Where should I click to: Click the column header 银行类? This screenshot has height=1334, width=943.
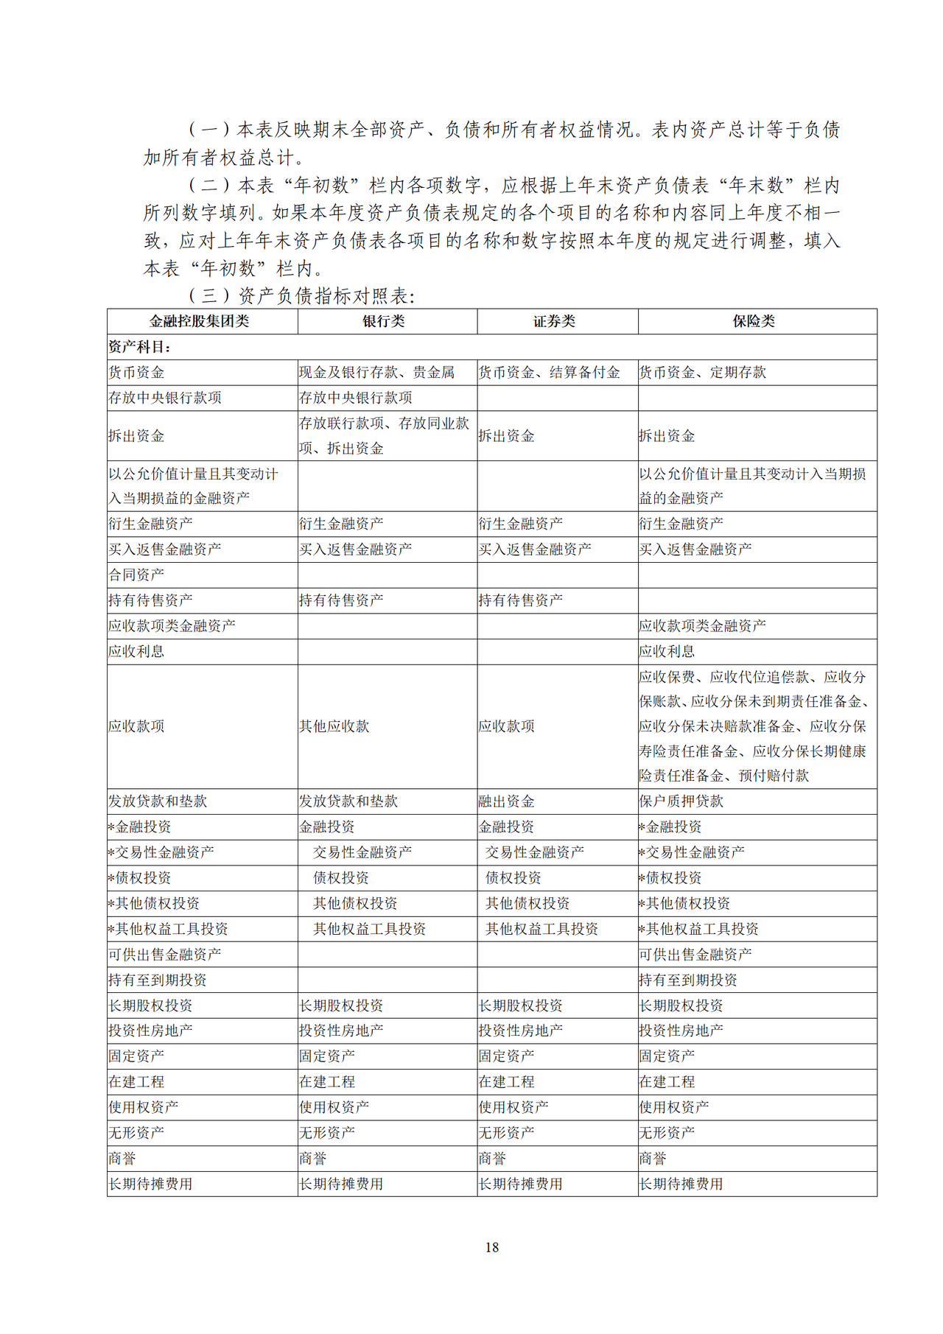384,321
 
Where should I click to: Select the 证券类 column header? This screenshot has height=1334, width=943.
554,321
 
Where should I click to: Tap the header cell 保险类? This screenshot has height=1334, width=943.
754,321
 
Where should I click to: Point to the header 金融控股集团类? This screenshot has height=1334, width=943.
199,321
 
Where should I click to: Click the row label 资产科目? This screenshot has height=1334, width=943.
140,347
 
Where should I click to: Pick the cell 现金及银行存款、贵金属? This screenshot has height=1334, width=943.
376,373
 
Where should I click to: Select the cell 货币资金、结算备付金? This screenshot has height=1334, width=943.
549,373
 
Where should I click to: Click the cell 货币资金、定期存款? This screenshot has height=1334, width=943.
702,373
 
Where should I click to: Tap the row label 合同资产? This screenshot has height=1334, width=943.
136,575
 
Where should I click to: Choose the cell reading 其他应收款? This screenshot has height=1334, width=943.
334,726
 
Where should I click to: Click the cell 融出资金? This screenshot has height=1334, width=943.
506,801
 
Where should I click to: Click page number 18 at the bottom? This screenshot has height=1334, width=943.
492,1247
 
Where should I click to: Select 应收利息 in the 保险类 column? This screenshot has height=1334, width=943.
667,651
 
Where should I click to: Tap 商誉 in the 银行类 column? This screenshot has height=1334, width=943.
313,1159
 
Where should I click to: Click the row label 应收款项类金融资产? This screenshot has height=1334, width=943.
172,626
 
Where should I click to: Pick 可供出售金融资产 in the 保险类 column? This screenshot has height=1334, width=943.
695,955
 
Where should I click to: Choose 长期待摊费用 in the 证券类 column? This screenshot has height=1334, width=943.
520,1184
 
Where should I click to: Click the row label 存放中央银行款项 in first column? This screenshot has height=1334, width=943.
165,398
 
